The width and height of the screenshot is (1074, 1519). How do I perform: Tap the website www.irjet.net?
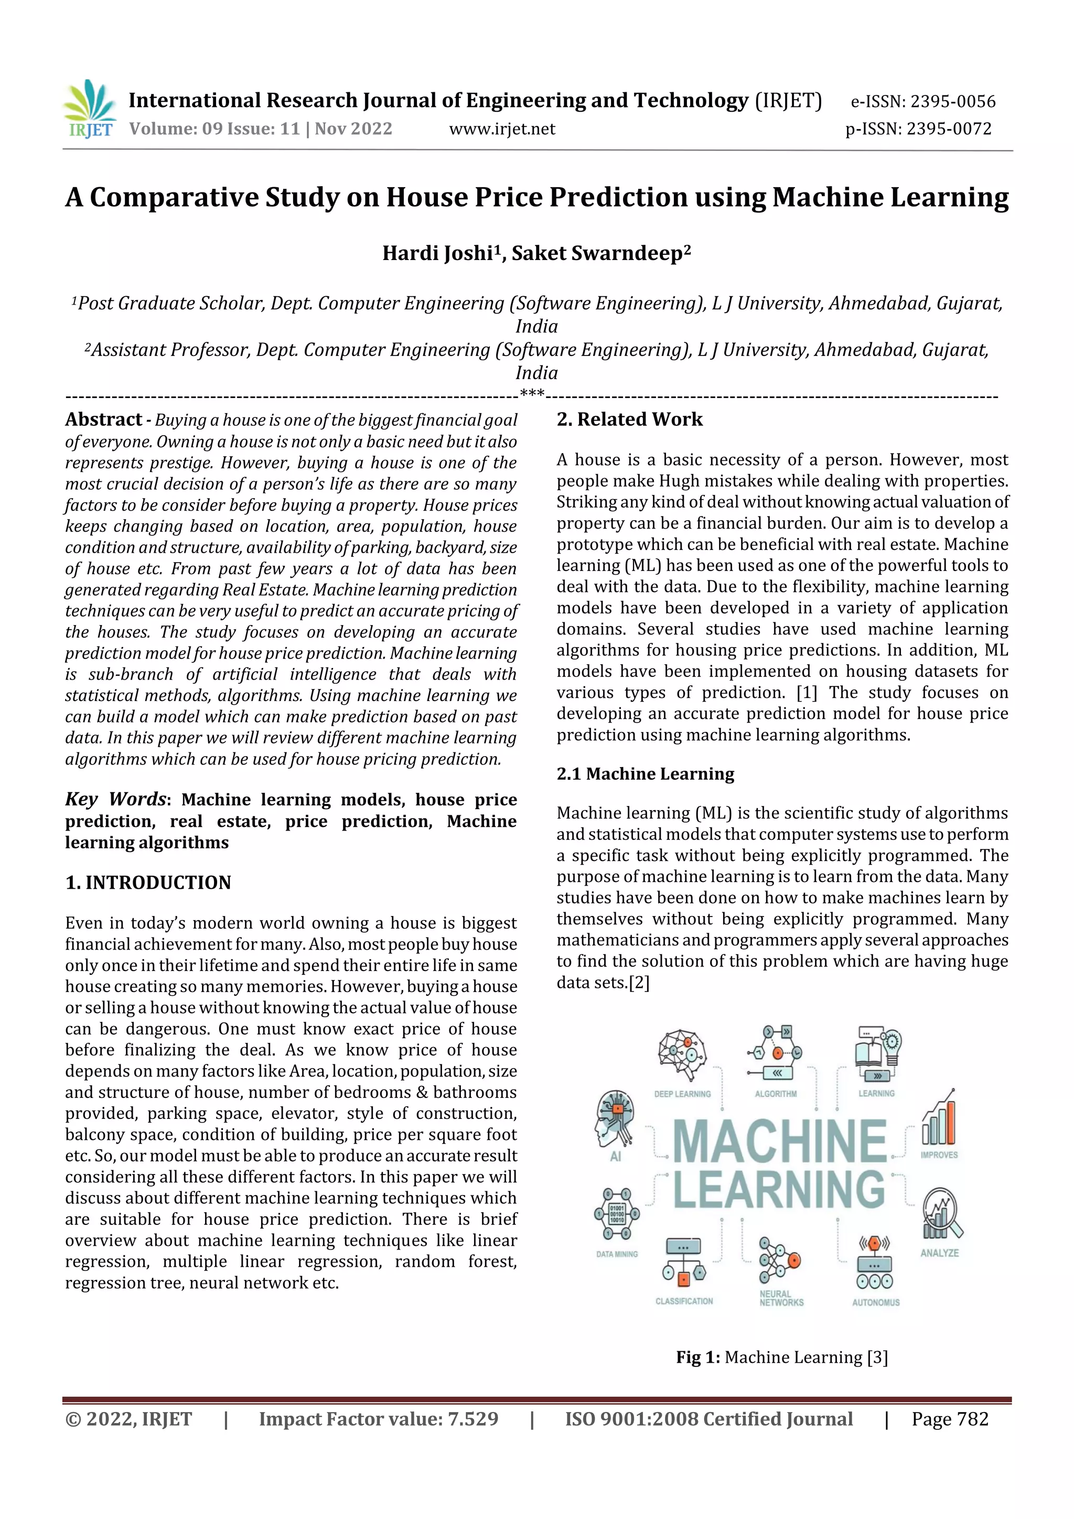[502, 129]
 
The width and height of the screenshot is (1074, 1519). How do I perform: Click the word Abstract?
[104, 419]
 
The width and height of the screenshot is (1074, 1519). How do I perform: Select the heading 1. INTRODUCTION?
[148, 882]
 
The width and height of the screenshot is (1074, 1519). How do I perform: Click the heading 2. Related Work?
[629, 419]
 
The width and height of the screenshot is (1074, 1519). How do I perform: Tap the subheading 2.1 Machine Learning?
[645, 774]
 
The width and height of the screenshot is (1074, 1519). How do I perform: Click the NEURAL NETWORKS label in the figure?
[781, 1298]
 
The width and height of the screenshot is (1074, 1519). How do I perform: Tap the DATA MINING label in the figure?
[617, 1254]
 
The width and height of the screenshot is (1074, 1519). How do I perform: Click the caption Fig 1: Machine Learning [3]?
[781, 1358]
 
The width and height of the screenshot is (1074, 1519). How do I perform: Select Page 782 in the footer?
[950, 1419]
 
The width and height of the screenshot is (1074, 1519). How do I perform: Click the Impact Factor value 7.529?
[472, 1419]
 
